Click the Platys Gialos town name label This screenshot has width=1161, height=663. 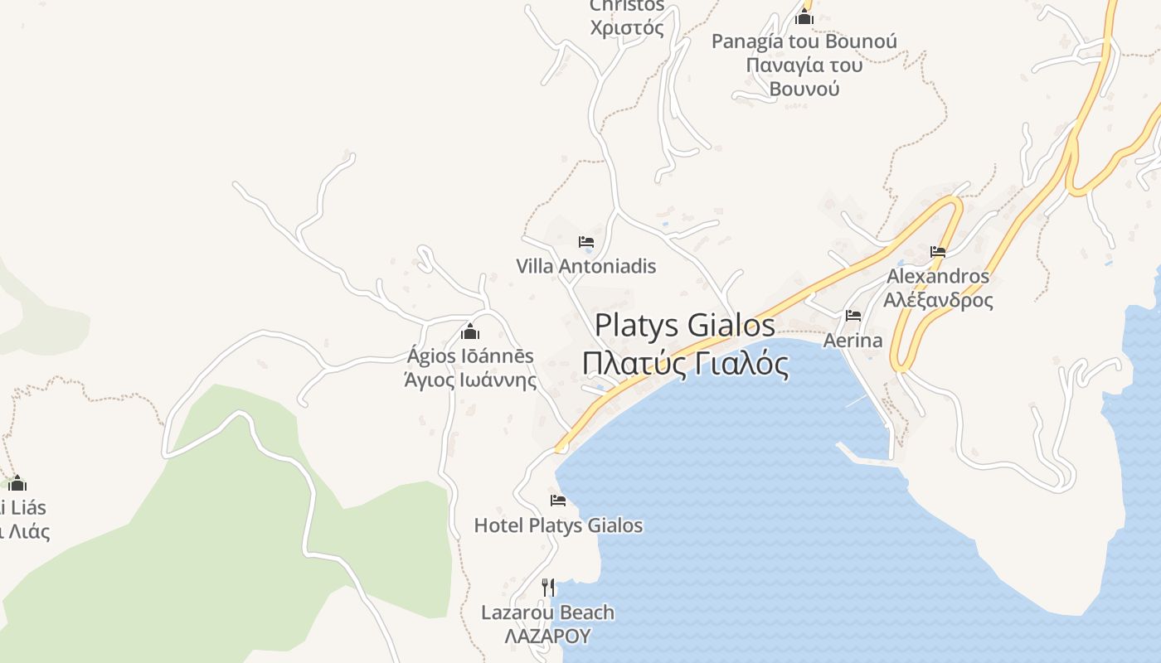pyautogui.click(x=685, y=325)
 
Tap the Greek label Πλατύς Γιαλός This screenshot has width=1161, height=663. pyautogui.click(x=685, y=363)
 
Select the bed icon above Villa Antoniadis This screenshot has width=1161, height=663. pyautogui.click(x=586, y=242)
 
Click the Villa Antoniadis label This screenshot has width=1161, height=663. pyautogui.click(x=585, y=266)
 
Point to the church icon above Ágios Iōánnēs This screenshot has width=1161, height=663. pyautogui.click(x=470, y=332)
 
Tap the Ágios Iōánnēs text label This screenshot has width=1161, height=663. pyautogui.click(x=470, y=356)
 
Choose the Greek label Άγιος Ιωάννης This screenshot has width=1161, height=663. pyautogui.click(x=470, y=380)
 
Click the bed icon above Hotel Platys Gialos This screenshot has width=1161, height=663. pyautogui.click(x=558, y=501)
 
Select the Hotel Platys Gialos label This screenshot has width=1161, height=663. pyautogui.click(x=558, y=525)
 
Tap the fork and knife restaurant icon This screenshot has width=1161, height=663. pyautogui.click(x=548, y=588)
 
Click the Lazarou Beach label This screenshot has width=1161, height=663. pyautogui.click(x=548, y=612)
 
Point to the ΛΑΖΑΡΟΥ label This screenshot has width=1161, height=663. pyautogui.click(x=548, y=636)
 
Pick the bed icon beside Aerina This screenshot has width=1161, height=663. pyautogui.click(x=853, y=316)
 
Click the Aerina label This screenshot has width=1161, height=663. pyautogui.click(x=853, y=341)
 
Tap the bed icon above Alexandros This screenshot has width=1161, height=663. pyautogui.click(x=938, y=252)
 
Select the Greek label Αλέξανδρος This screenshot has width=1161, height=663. pyautogui.click(x=938, y=300)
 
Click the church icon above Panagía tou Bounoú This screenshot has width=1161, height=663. pyautogui.click(x=804, y=17)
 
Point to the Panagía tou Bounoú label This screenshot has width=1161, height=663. pyautogui.click(x=804, y=41)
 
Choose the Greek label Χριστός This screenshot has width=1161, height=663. pyautogui.click(x=627, y=28)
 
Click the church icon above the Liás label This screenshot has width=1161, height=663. pyautogui.click(x=17, y=483)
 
